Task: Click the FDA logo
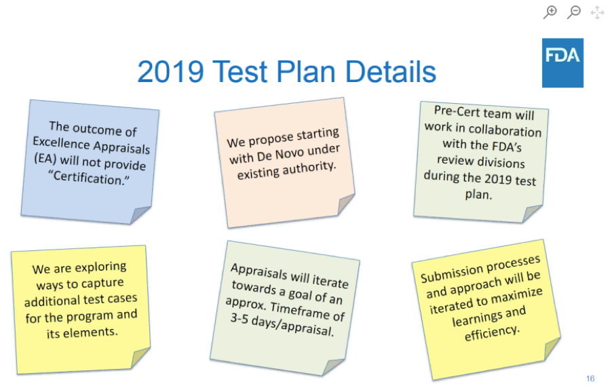(x=563, y=62)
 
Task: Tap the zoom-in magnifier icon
(x=550, y=12)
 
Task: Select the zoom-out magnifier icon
(x=574, y=12)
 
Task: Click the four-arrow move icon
(x=597, y=12)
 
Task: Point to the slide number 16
(x=590, y=378)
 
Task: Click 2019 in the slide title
(x=170, y=71)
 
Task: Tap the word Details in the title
(x=391, y=71)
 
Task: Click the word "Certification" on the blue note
(x=89, y=178)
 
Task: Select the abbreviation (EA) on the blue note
(x=45, y=158)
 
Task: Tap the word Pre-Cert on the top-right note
(x=457, y=111)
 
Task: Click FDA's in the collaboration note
(x=506, y=147)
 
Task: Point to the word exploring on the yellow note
(x=100, y=267)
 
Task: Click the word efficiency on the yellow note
(x=492, y=332)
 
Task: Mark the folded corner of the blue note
(x=139, y=214)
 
